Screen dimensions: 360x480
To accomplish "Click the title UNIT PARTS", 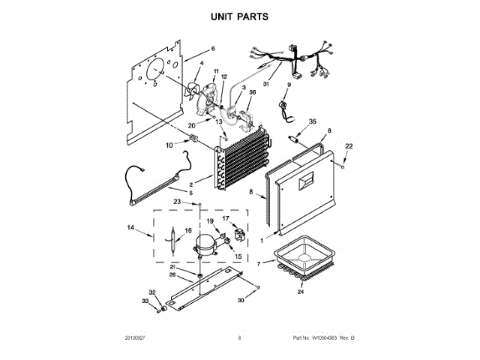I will tap(239, 15).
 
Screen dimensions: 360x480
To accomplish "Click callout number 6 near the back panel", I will tap(212, 49).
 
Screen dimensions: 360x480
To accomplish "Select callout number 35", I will tap(313, 121).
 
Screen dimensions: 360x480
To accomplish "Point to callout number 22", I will tap(348, 145).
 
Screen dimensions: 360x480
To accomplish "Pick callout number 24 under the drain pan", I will tap(301, 292).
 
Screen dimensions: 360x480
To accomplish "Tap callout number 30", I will tap(241, 300).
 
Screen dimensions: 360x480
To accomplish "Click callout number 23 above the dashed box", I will tap(177, 202).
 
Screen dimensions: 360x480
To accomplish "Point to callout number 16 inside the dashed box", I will tap(188, 231).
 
